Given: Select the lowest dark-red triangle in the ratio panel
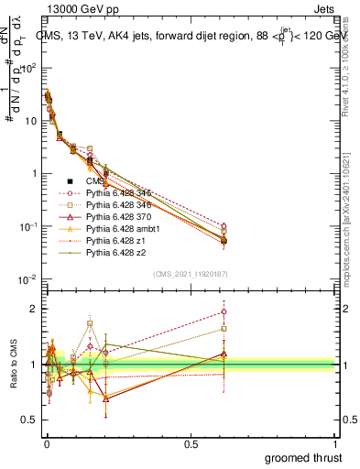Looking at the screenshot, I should (x=106, y=398).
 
